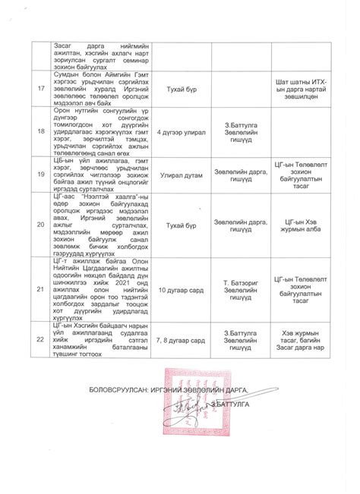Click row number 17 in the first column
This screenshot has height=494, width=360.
(39, 89)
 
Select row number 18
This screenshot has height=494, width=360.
(39, 132)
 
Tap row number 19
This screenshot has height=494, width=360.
(39, 174)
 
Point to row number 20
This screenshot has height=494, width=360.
(39, 225)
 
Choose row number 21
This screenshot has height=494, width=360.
(39, 290)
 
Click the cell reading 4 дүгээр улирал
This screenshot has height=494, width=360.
(182, 132)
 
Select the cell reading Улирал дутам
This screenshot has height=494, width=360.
(182, 174)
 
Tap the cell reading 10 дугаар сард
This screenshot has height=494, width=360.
(182, 290)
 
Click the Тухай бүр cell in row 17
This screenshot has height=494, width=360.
(182, 89)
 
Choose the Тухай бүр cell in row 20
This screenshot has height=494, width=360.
(182, 225)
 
